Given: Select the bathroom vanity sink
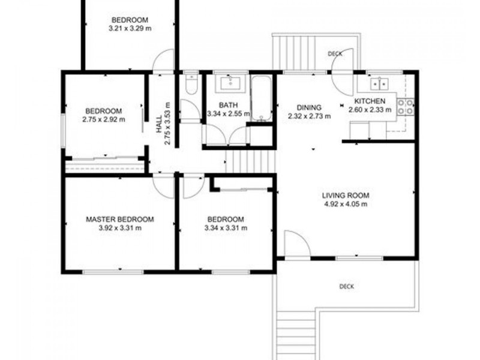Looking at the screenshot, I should coord(229,83).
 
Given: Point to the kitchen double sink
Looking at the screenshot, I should coord(380,83).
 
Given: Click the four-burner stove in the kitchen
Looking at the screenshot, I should coord(407,106).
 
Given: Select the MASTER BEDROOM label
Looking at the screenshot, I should coord(119,220).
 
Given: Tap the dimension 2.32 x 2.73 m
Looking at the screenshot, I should coord(309,116).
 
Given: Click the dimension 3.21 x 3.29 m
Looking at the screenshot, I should coord(130,28).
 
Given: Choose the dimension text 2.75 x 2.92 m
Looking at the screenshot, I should coord(104,119).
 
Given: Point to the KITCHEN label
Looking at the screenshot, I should coord(370,101).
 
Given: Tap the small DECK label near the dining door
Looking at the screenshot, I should coord(335,54).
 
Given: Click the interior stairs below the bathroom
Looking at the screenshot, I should coord(248,161).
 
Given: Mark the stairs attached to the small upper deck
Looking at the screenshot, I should coord(286,53).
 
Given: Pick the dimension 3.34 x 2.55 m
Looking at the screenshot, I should coord(228,113).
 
